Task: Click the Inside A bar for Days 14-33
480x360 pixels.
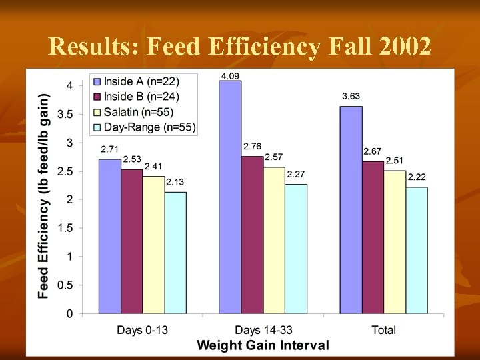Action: coord(231,197)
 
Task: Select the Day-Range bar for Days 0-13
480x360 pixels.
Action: coord(175,253)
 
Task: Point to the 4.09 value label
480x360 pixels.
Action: coord(230,76)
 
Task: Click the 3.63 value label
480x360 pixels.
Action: coord(351,97)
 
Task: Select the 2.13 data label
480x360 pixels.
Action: coord(175,182)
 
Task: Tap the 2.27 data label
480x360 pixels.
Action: coord(296,174)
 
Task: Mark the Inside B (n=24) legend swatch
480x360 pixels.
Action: coord(97,97)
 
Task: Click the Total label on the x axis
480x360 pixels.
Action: coord(383,330)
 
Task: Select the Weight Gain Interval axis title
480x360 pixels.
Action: coord(263,345)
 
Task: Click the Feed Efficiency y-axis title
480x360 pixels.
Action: coord(43,195)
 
